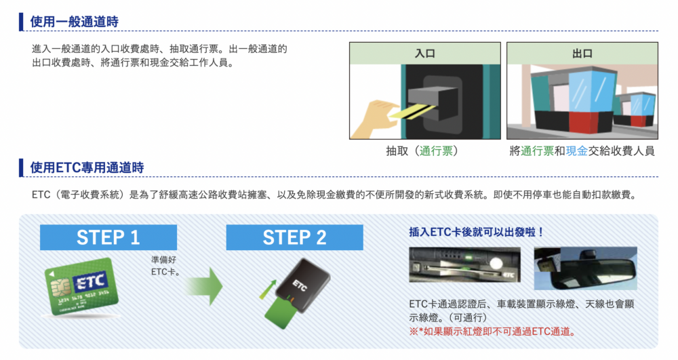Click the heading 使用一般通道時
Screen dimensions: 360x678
click(x=75, y=22)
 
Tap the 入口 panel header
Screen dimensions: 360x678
click(x=425, y=53)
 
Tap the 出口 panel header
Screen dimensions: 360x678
click(x=582, y=53)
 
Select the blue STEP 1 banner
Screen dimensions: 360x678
click(x=108, y=237)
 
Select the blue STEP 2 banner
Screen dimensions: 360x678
click(x=294, y=237)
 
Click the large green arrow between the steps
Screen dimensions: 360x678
click(x=205, y=285)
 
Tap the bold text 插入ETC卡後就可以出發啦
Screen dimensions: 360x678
click(x=476, y=232)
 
